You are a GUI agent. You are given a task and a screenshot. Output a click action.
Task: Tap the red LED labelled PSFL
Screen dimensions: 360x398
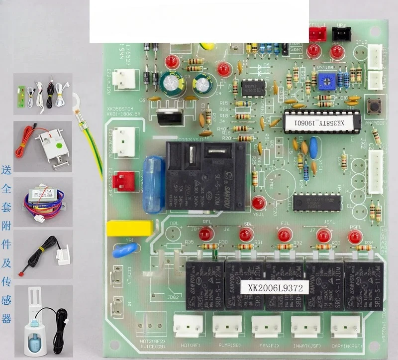(355, 238)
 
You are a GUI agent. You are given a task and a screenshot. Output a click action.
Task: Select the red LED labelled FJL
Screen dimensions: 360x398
(284, 235)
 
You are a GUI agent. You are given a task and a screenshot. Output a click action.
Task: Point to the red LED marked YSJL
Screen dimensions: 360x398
(258, 203)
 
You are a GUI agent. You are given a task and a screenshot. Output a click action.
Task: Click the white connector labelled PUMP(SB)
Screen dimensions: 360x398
(227, 326)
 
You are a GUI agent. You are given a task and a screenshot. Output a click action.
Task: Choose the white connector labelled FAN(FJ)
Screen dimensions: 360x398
(266, 326)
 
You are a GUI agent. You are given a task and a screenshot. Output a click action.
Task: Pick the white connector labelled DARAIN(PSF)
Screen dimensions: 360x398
(345, 326)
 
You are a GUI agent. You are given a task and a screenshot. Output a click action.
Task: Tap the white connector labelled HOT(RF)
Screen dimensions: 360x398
(188, 326)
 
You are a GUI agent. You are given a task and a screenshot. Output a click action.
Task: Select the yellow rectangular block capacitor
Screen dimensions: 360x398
(129, 228)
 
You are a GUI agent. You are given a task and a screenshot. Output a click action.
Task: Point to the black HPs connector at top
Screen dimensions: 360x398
(341, 34)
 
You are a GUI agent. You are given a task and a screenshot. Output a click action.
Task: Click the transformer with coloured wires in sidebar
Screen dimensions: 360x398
(42, 200)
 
